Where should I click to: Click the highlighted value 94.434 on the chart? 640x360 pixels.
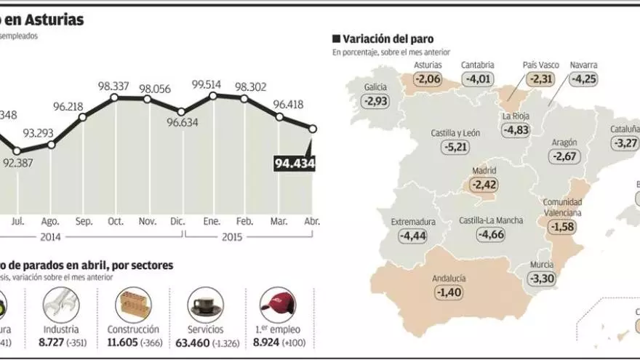coord(294,164)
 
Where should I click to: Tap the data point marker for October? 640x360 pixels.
coord(114,97)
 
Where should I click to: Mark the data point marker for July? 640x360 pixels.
coord(17,151)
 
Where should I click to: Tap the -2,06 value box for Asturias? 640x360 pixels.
coord(428,79)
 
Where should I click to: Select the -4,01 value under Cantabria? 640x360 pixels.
coord(478,79)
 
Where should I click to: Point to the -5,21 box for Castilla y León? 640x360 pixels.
coord(457,147)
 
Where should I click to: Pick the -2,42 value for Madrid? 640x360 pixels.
coord(484,184)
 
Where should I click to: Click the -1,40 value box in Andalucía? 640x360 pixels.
coord(448,292)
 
